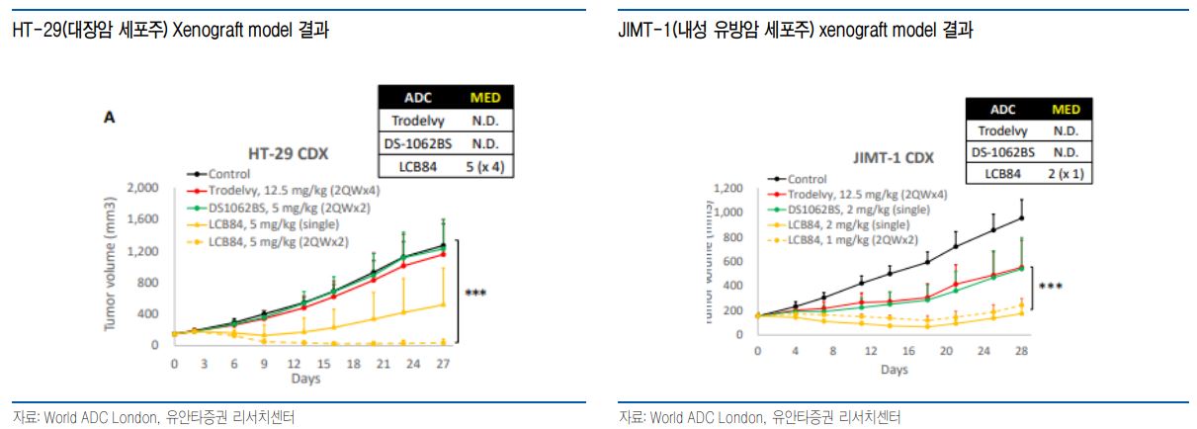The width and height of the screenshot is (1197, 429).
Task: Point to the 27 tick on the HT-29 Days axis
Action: click(443, 364)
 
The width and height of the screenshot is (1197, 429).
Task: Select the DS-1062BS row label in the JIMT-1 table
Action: click(1002, 152)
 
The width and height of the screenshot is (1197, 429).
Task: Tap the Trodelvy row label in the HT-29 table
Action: click(416, 120)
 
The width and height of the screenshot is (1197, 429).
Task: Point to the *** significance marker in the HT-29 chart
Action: click(475, 293)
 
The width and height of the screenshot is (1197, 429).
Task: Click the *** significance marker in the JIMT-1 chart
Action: click(1050, 288)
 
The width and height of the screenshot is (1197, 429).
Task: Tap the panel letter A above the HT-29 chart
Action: click(110, 118)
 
